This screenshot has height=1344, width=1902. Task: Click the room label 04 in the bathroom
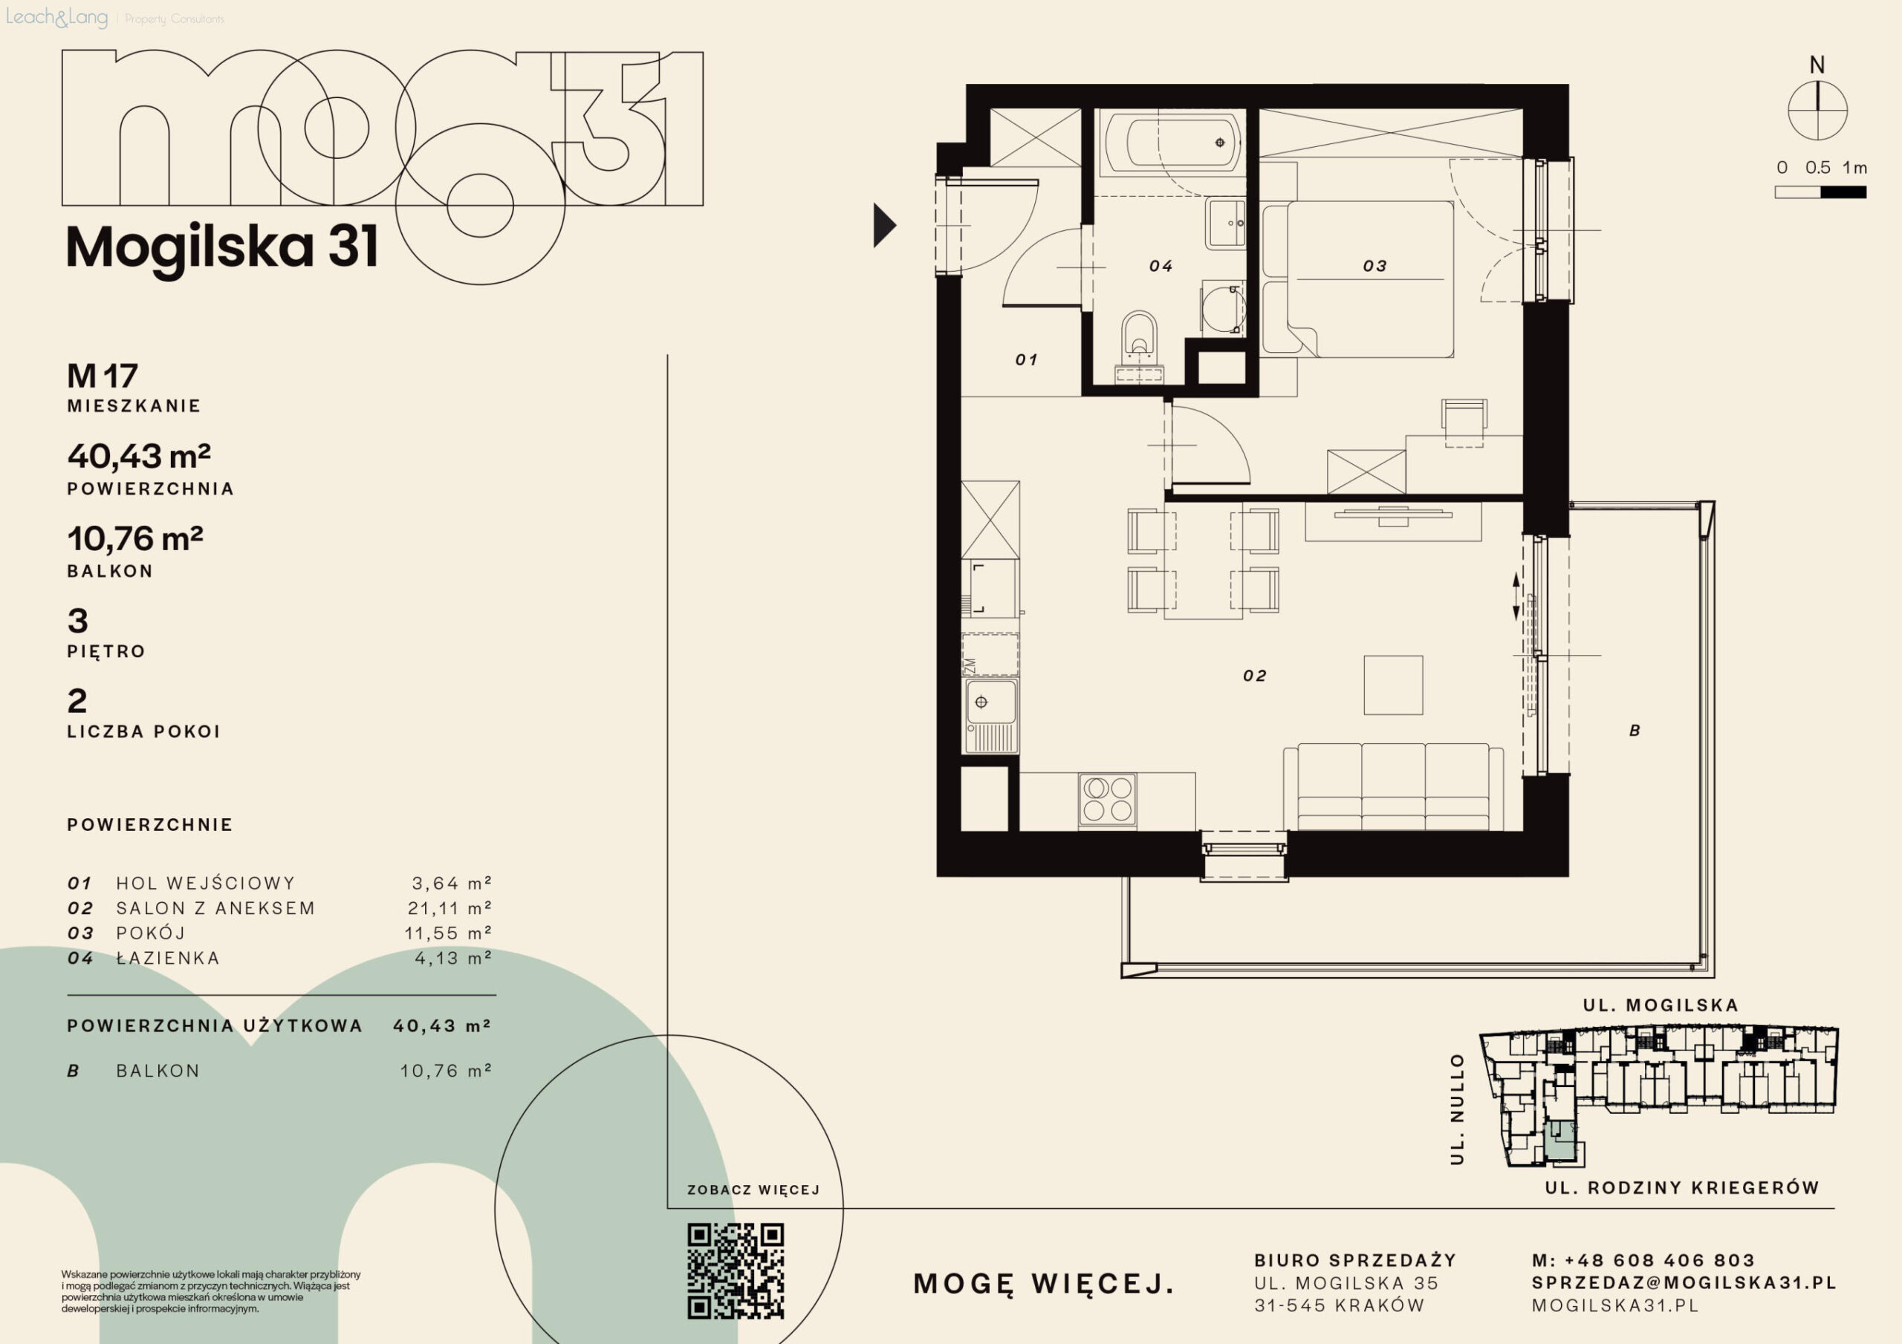pos(1160,266)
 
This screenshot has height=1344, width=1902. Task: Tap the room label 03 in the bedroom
pos(1374,266)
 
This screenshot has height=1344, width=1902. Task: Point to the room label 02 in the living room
pos(1254,676)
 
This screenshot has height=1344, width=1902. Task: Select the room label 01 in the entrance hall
pos(1026,359)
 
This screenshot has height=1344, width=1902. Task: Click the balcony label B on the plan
pos(1635,731)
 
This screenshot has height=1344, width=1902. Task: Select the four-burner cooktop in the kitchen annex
pos(1108,800)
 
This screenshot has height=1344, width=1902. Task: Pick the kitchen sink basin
pos(989,703)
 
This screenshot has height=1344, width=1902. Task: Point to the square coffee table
pos(1393,685)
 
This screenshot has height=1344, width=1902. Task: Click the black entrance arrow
pos(884,225)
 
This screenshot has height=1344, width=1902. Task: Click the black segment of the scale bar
pos(1843,192)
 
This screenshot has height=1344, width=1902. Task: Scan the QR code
pos(736,1270)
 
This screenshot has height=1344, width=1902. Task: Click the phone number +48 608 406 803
pos(1659,1260)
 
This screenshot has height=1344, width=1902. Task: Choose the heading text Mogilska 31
pos(222,247)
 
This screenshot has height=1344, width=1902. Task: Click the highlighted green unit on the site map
pos(1560,1144)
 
